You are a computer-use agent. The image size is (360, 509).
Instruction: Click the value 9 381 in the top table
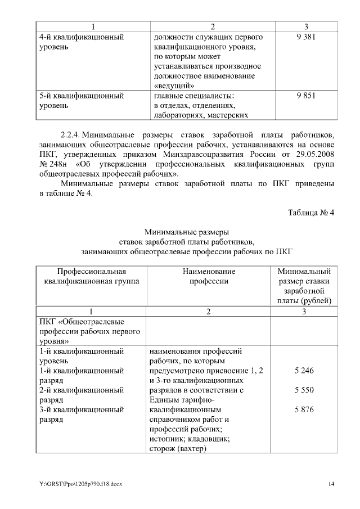coord(305,37)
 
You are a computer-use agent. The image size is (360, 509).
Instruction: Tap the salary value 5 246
coord(304,371)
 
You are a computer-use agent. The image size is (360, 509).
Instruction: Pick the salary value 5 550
coord(304,390)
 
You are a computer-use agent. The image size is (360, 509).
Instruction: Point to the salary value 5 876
coord(304,409)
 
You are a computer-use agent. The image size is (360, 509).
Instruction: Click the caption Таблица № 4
coord(310,213)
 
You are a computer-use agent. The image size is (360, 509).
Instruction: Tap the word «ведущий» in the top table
coord(174,85)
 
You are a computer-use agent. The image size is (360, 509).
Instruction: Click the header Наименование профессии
coord(209,276)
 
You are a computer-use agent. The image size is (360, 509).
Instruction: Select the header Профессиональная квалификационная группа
coord(91,276)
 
